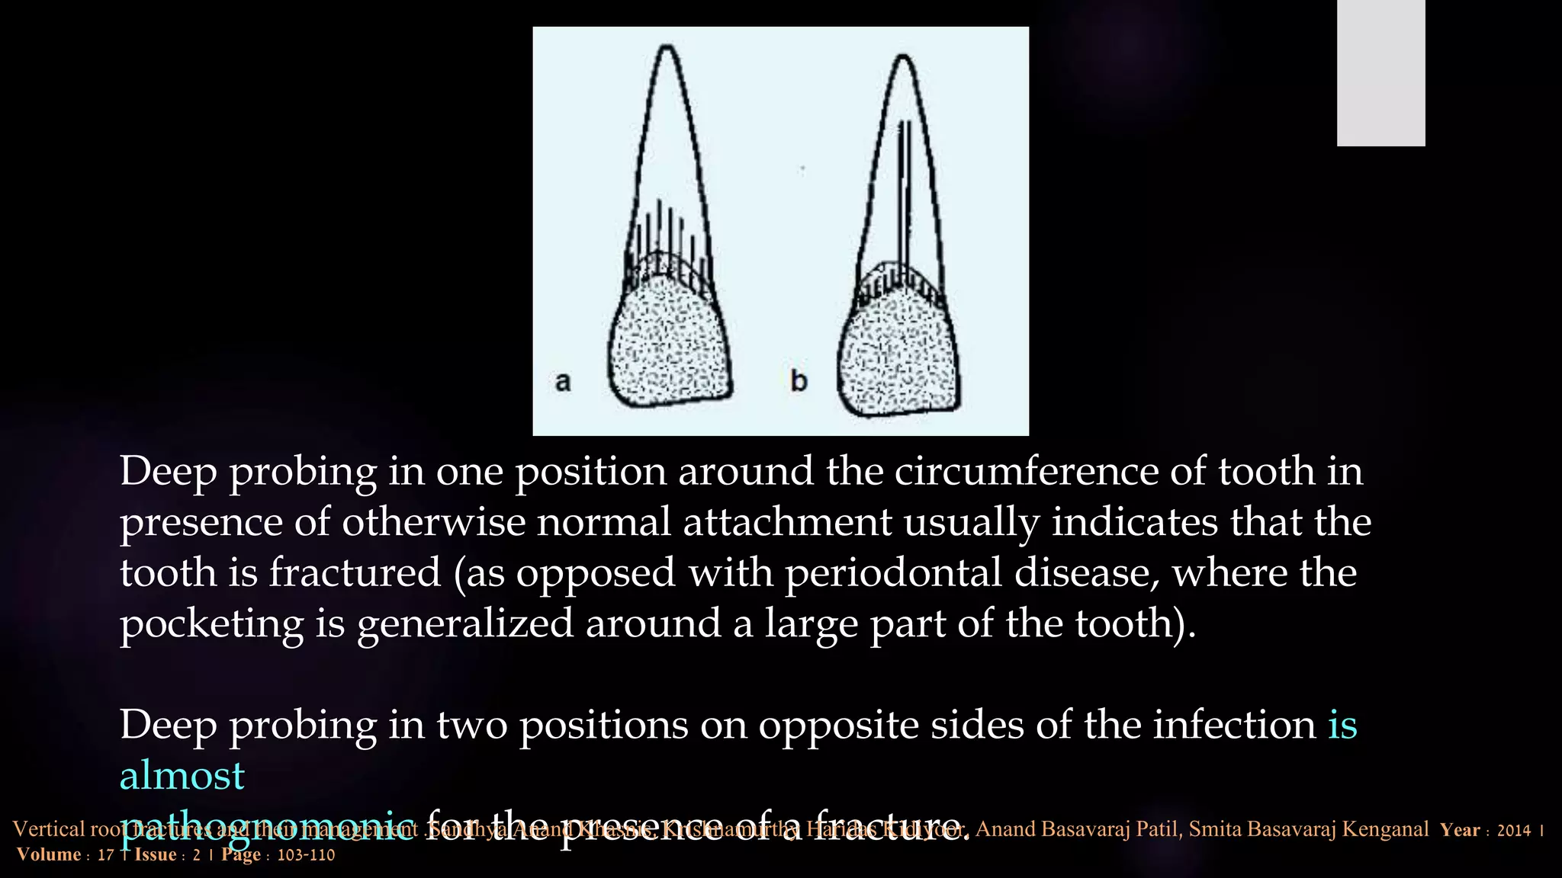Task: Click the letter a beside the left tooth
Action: (x=563, y=381)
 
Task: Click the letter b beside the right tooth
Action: (x=799, y=380)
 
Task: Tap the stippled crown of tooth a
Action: (x=670, y=343)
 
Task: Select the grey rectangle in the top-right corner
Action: (x=1380, y=72)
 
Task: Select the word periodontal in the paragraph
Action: (x=893, y=572)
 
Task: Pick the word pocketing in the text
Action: (x=211, y=623)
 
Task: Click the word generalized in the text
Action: (x=463, y=623)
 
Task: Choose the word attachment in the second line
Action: (x=787, y=522)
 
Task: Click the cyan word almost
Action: (x=182, y=775)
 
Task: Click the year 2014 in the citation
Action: (x=1513, y=830)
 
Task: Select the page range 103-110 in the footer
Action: (x=306, y=855)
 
